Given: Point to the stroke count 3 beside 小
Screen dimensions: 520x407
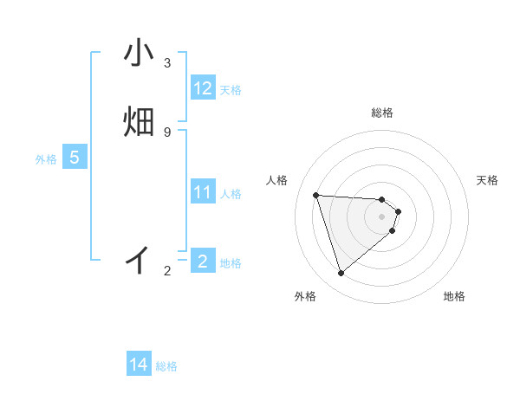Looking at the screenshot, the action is tap(166, 63).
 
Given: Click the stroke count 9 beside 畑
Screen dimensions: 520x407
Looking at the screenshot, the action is tap(166, 132).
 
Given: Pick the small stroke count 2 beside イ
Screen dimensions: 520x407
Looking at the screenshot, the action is tap(166, 271).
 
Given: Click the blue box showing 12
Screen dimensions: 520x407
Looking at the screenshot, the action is tap(203, 89).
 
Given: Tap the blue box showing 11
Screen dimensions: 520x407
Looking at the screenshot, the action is tap(203, 193).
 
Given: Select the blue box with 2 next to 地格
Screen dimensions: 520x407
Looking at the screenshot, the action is tap(203, 261).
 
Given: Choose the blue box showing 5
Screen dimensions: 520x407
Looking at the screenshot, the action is tap(75, 158).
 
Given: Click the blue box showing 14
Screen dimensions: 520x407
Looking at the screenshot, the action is tap(139, 365).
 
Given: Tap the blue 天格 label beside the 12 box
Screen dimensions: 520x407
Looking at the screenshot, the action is tap(231, 90).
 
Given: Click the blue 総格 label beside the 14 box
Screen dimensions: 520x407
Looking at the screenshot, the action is tap(166, 366).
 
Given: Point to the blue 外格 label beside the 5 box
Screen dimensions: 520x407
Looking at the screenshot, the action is tap(46, 159).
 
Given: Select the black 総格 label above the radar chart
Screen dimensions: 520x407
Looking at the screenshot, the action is tap(382, 113).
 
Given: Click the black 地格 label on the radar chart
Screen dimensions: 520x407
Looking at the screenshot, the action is tap(454, 296).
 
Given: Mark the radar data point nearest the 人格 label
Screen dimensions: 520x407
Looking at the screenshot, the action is tap(316, 195).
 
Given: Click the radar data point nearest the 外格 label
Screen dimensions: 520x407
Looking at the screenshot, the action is tap(341, 273).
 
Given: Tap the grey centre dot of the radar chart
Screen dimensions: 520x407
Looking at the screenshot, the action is tap(382, 216).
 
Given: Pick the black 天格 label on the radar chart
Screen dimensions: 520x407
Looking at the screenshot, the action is tap(487, 180).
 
